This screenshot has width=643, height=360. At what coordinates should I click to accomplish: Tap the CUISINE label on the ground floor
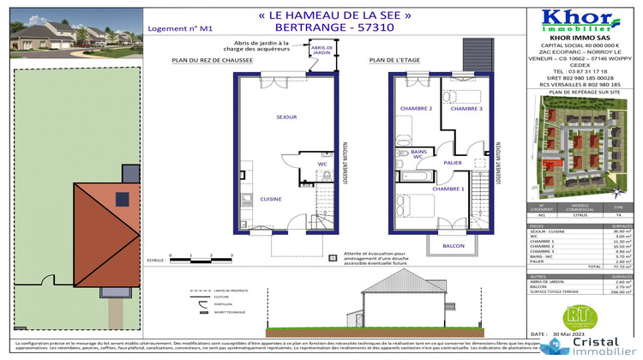pos(272,199)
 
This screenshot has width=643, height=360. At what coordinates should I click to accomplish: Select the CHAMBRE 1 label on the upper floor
pos(448,188)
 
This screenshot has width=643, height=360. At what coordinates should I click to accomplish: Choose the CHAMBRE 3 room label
pos(466,109)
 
